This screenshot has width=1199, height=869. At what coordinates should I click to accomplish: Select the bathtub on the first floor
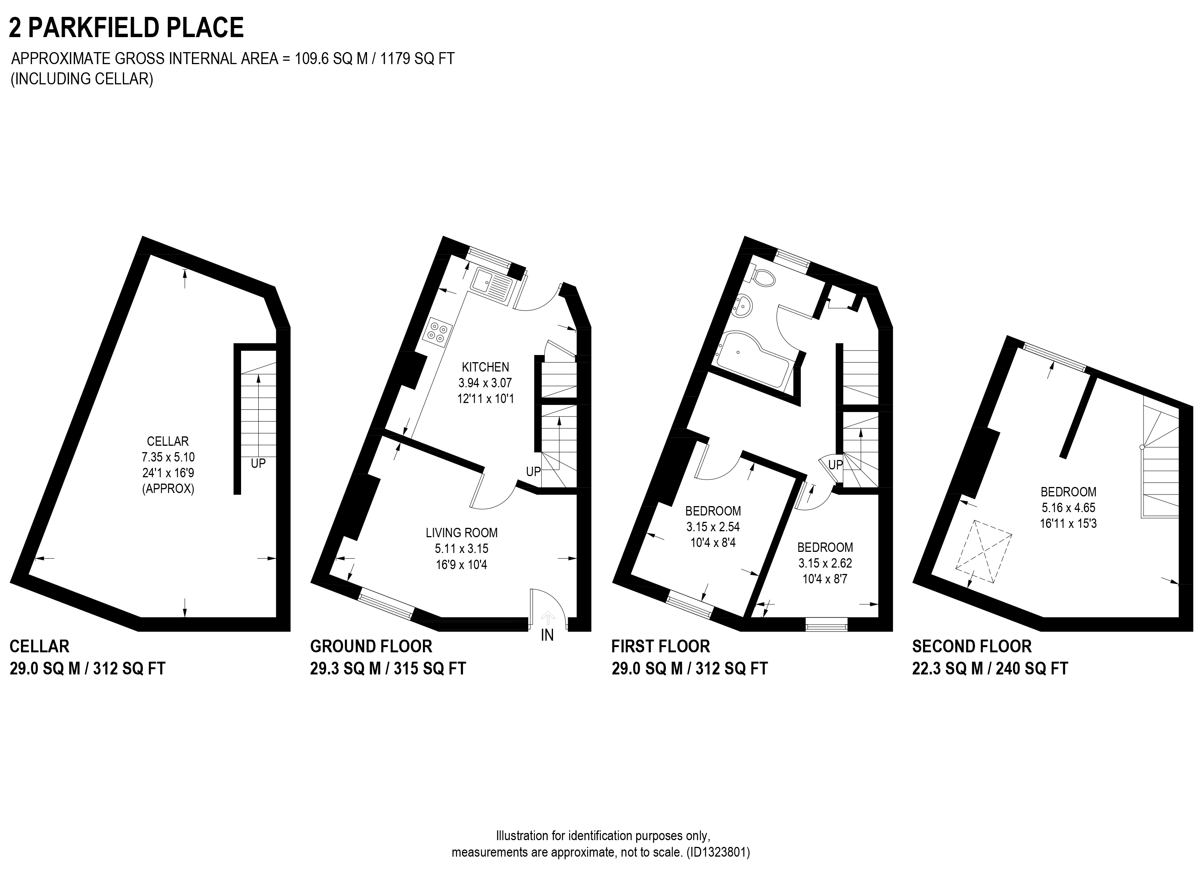[753, 360]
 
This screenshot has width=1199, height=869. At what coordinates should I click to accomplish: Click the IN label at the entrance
[547, 635]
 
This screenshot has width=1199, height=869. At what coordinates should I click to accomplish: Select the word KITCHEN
[485, 367]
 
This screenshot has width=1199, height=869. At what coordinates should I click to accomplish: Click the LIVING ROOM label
[462, 533]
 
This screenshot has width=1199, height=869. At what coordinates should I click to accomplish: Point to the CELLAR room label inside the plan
[168, 441]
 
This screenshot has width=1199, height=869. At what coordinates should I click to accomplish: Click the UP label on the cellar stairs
[258, 464]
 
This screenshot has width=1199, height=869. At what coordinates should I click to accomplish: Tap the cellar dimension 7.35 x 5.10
[168, 457]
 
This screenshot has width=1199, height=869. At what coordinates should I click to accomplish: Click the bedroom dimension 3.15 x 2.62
[825, 563]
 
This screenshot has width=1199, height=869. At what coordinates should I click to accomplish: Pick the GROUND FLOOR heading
[371, 646]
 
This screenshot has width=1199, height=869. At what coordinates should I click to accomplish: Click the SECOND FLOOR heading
[972, 646]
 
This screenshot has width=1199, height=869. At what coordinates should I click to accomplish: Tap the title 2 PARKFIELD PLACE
[126, 27]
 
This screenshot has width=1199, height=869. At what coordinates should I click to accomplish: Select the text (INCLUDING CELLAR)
[82, 79]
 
